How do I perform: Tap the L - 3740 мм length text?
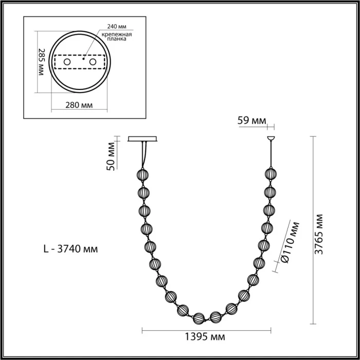click(70, 249)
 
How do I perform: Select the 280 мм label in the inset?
click(79, 106)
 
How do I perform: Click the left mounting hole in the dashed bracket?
click(66, 63)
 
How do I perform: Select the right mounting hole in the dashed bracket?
click(93, 63)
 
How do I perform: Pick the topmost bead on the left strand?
click(142, 174)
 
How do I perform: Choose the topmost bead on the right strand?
click(270, 174)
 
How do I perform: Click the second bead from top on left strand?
click(143, 192)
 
